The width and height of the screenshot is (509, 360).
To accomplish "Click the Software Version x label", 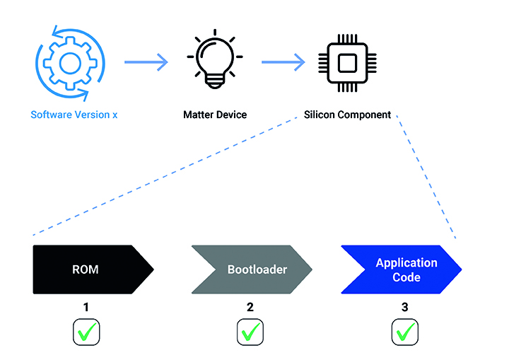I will pos(74,115).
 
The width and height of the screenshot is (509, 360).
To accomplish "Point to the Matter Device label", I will pos(215,115).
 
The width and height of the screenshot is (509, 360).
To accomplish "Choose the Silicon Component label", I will pos(347,115).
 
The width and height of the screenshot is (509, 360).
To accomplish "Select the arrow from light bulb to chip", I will pos(283,62).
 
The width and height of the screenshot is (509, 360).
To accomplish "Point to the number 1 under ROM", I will pos(86,308).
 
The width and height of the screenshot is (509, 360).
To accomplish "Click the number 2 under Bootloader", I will pos(250,308).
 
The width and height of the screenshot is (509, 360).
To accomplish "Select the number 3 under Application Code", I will pos(405,308).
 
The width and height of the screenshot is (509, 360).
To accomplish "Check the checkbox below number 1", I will pos(86,332).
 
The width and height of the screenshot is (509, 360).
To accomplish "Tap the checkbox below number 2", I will pos(250,332).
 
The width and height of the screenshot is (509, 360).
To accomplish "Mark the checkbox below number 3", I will pos(405,332).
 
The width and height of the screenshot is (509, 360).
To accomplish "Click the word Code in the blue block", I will pos(406,277).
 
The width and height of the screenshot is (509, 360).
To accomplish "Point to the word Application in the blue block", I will pos(406,262).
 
